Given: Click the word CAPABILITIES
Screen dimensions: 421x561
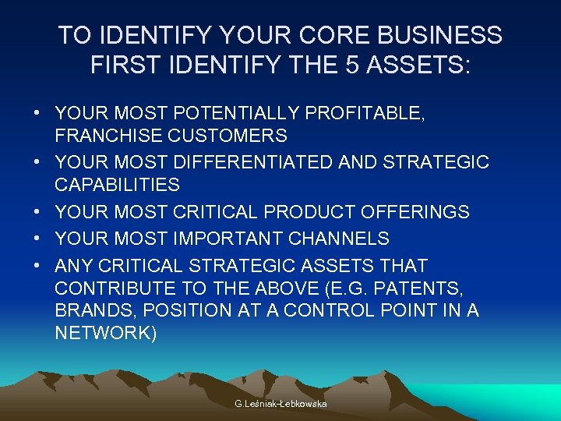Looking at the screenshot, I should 117,185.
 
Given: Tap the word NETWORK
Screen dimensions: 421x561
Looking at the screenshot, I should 103,334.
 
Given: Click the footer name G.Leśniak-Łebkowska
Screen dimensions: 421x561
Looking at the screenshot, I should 280,403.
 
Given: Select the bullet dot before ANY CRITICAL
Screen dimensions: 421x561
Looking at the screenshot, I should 37,265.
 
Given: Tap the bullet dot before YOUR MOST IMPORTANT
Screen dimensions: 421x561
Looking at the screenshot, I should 37,238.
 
